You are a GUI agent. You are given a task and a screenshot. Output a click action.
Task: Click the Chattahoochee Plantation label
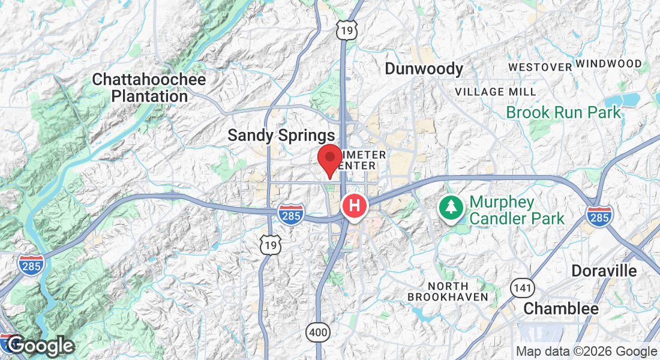(x=149, y=88)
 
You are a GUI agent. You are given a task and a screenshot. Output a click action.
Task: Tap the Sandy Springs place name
(x=281, y=136)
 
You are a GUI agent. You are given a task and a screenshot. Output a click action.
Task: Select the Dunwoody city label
(x=424, y=69)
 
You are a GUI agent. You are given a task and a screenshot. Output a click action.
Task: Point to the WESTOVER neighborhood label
(x=540, y=67)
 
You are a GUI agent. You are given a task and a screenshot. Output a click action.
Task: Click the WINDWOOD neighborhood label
(x=608, y=63)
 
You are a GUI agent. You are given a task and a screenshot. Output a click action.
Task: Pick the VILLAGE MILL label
(x=496, y=92)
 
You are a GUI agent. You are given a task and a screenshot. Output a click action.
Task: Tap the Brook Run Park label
(x=563, y=112)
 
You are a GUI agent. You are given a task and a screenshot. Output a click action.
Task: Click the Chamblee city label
(x=561, y=309)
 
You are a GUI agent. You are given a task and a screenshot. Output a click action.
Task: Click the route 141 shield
(x=523, y=289)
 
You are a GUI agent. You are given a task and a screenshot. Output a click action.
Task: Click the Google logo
(x=40, y=346)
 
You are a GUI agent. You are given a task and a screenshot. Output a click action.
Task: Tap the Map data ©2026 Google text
(x=586, y=352)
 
